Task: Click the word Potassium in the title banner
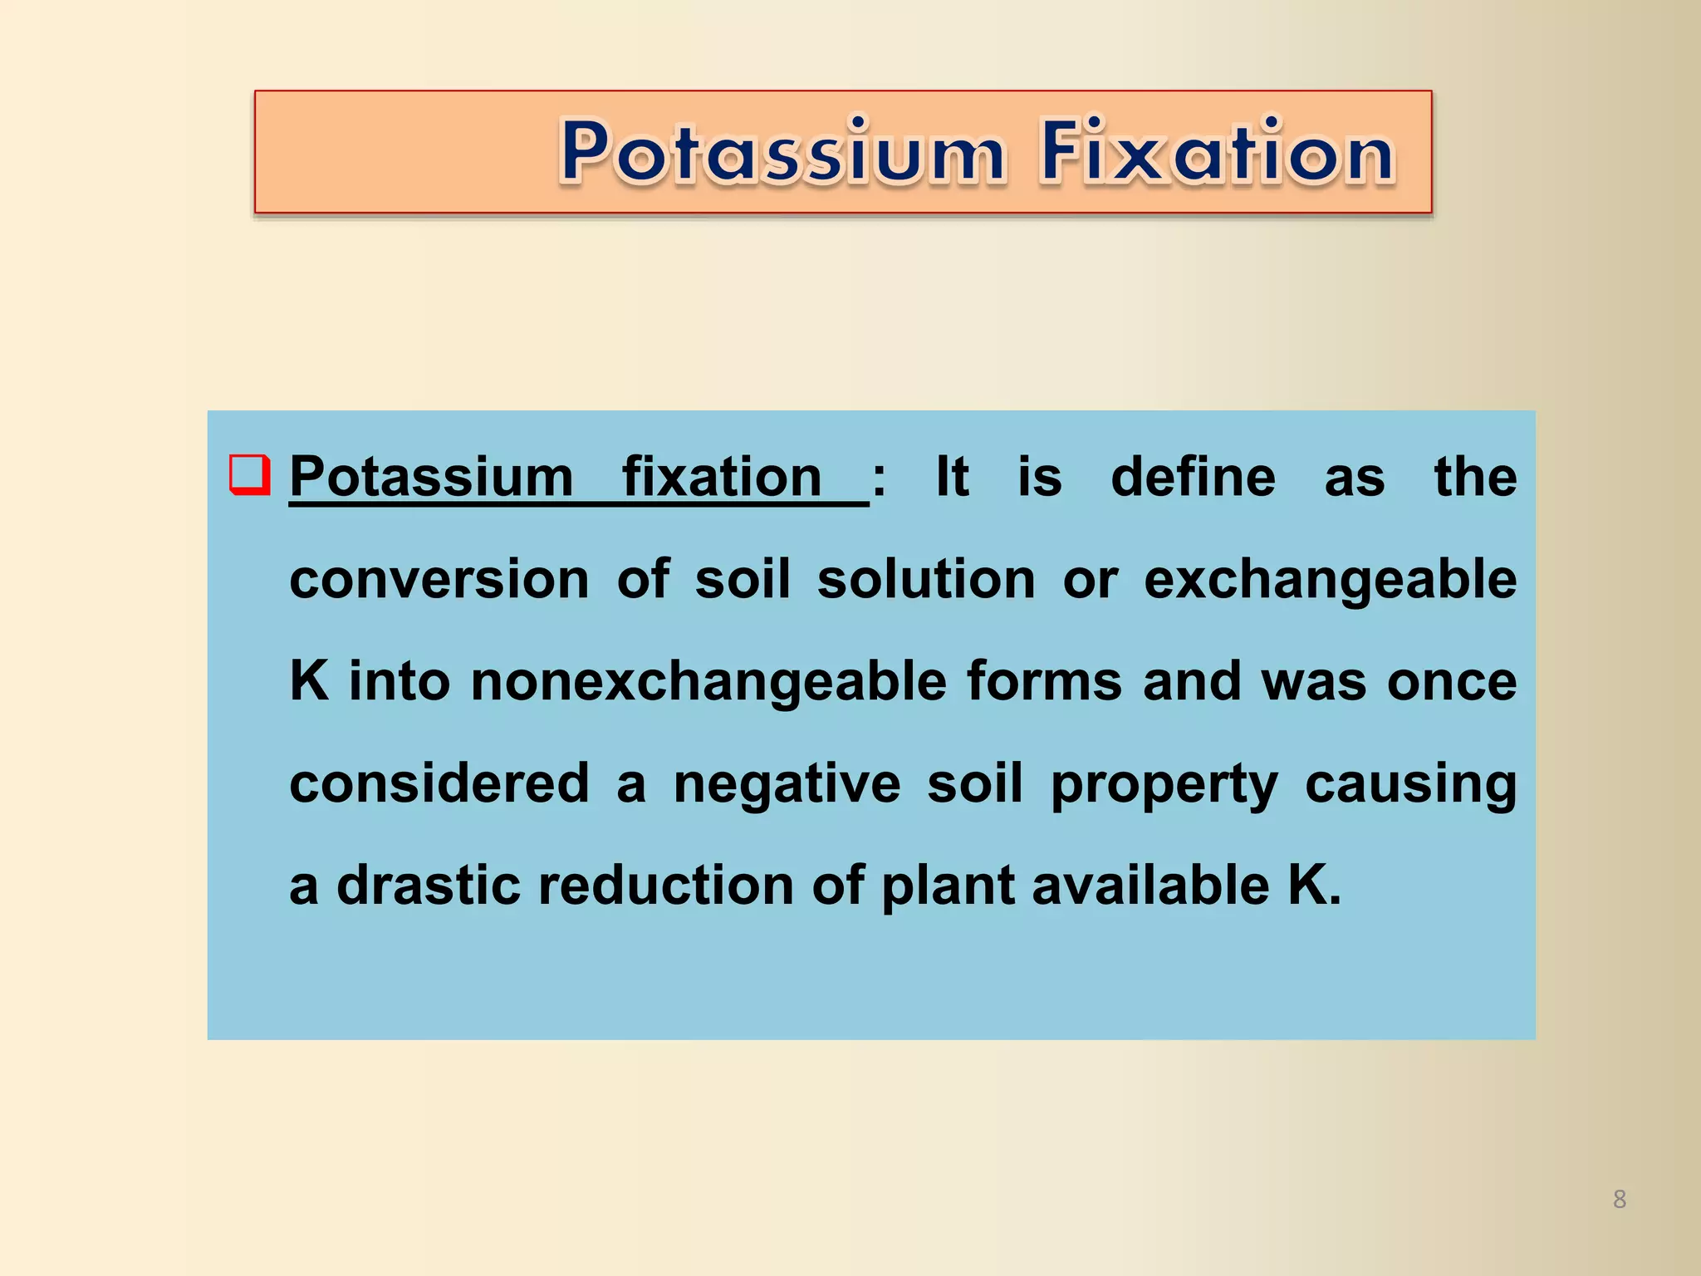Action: pos(782,152)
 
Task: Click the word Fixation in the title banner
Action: pos(1217,152)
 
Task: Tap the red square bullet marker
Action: pos(249,474)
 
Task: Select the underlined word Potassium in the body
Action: pos(431,478)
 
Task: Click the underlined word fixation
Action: pos(722,478)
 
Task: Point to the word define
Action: pos(1193,478)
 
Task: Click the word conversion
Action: pos(439,580)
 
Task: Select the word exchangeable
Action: pos(1330,580)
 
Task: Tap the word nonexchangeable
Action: pos(708,681)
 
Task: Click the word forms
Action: pos(1044,681)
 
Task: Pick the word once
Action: pos(1452,681)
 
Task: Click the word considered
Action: pos(439,783)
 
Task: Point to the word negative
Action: pos(787,783)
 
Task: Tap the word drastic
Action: pos(428,886)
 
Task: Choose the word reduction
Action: pos(666,886)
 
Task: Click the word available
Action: pos(1150,886)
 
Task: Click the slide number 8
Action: pos(1619,1199)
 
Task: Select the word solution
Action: pos(926,580)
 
